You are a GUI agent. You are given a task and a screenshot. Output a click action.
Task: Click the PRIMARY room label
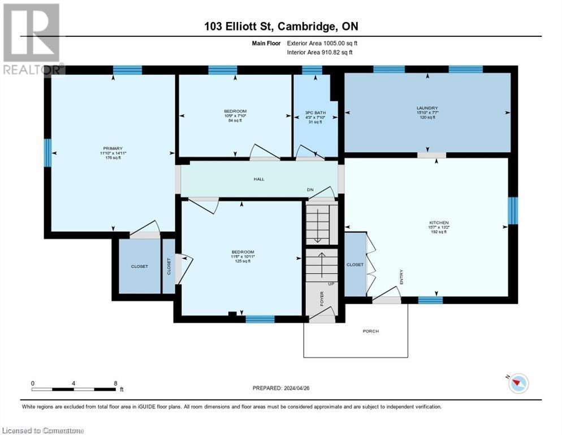112,148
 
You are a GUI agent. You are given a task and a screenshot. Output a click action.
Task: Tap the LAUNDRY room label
427,108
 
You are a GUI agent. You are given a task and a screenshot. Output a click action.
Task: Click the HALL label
258,180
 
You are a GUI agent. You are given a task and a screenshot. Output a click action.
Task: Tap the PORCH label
370,331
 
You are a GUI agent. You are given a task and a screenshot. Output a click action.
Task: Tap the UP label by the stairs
332,283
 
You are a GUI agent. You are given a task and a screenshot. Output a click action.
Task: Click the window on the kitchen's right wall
513,211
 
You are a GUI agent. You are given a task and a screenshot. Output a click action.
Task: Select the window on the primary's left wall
47,153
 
